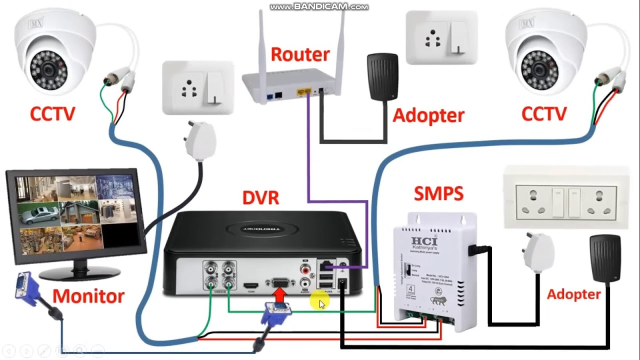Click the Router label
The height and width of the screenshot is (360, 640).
[x=300, y=54]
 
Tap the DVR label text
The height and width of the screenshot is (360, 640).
[x=260, y=197]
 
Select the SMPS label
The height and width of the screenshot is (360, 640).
[x=438, y=193]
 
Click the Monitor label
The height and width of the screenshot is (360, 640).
[x=88, y=296]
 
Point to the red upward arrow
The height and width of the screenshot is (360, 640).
[x=280, y=296]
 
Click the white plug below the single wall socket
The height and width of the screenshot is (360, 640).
[x=200, y=139]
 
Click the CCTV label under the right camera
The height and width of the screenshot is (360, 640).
[x=543, y=114]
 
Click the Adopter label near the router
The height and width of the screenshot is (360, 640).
[x=428, y=115]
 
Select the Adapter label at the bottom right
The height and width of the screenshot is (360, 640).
[x=573, y=294]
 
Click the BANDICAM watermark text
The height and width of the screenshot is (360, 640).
[x=319, y=7]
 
